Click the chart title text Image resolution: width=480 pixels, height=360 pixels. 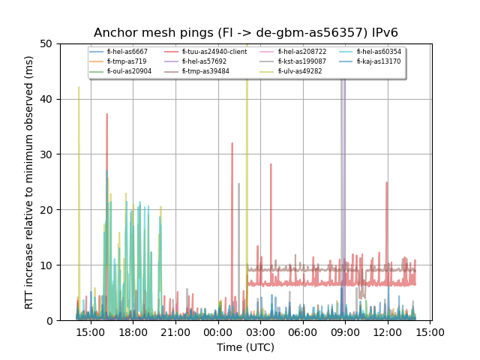pyautogui.click(x=245, y=33)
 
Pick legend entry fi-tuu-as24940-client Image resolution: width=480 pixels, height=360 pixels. pyautogui.click(x=214, y=52)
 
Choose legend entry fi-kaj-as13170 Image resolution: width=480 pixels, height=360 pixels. pyautogui.click(x=378, y=61)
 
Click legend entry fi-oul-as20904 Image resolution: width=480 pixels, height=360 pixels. pyautogui.click(x=129, y=71)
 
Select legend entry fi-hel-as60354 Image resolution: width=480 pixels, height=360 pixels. pyautogui.click(x=379, y=52)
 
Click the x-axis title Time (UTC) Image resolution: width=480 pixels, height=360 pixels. pyautogui.click(x=245, y=347)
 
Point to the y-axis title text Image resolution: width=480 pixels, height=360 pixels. pyautogui.click(x=29, y=182)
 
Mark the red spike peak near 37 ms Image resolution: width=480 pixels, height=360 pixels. pyautogui.click(x=106, y=114)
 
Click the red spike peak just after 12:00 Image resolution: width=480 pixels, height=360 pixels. pyautogui.click(x=387, y=182)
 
